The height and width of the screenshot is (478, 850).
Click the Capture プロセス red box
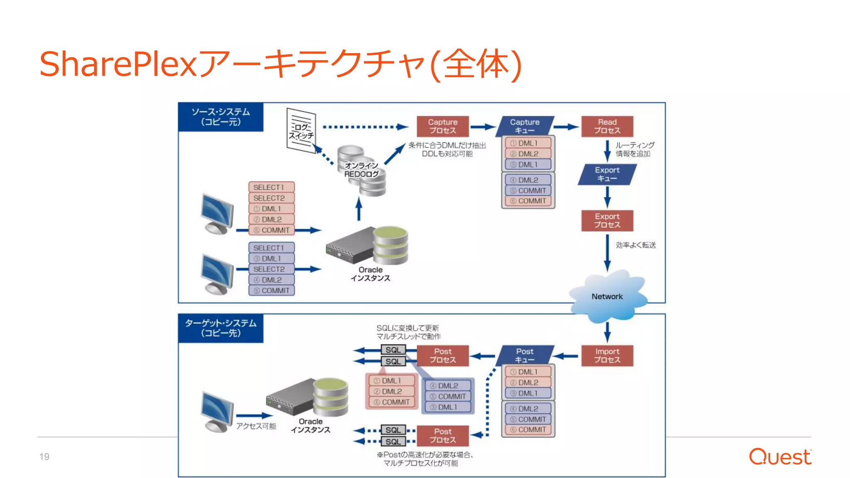[x=442, y=126]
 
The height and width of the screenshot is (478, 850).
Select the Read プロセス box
[x=607, y=126]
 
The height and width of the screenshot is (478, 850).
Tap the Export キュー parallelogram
[x=607, y=174]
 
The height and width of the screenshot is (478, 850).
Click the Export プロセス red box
[x=607, y=220]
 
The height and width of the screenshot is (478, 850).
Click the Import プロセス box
[x=607, y=356]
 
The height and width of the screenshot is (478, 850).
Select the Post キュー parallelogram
[x=525, y=356]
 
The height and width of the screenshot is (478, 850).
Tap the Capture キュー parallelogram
[x=525, y=126]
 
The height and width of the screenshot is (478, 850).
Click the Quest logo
[x=779, y=456]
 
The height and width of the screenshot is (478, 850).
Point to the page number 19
[x=44, y=457]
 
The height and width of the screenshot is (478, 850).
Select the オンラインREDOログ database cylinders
[x=361, y=170]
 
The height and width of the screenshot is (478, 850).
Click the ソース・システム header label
[x=220, y=117]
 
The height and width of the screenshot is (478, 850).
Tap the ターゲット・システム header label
[x=220, y=328]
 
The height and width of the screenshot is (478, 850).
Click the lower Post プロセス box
[x=442, y=436]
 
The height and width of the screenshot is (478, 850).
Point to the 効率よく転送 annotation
[x=635, y=245]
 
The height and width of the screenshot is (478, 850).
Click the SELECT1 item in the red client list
[x=271, y=187]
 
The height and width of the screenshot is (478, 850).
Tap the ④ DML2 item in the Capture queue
[x=528, y=180]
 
